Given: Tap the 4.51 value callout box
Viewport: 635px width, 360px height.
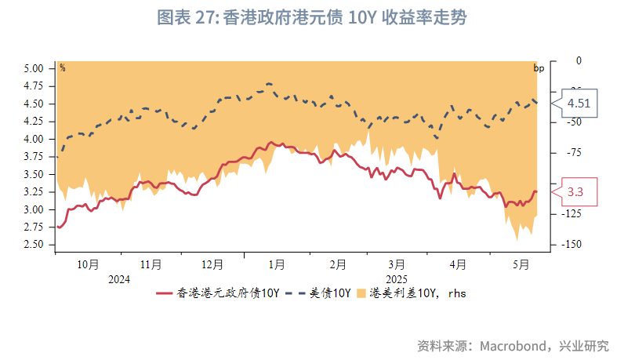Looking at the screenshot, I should pyautogui.click(x=579, y=103).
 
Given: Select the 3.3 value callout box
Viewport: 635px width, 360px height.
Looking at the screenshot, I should pyautogui.click(x=575, y=191).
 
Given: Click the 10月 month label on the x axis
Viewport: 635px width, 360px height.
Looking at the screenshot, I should pyautogui.click(x=88, y=264).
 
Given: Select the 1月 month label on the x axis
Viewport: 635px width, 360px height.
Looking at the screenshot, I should pyautogui.click(x=277, y=264).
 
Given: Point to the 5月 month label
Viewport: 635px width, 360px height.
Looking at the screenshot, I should pyautogui.click(x=519, y=264).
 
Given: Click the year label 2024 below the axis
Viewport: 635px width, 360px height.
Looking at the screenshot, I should pyautogui.click(x=119, y=279).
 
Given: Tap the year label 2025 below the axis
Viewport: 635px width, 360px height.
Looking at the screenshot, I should pyautogui.click(x=396, y=279).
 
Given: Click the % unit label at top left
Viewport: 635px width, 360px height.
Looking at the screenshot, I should pyautogui.click(x=63, y=67).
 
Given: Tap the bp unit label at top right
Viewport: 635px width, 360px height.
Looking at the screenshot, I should pyautogui.click(x=539, y=67).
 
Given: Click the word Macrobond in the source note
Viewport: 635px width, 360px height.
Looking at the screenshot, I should pyautogui.click(x=516, y=346).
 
